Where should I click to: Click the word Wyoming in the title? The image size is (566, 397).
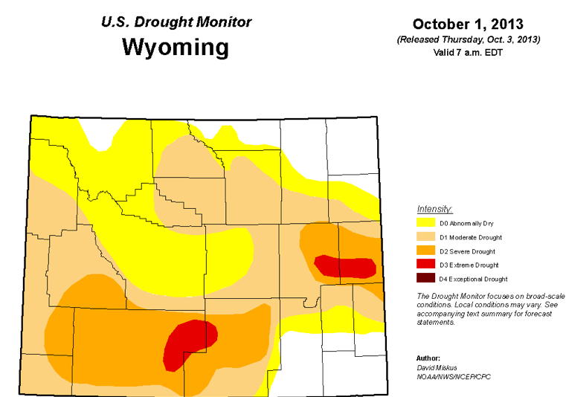[176, 48]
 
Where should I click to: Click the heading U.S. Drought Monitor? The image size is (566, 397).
[176, 22]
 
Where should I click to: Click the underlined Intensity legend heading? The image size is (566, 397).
[435, 209]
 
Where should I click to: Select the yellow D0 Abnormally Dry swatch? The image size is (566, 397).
[426, 223]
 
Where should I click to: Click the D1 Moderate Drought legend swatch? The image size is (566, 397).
[426, 237]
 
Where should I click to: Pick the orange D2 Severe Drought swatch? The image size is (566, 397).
[426, 251]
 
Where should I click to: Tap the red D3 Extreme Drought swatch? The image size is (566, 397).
[426, 265]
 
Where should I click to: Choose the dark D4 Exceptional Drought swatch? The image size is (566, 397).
[426, 280]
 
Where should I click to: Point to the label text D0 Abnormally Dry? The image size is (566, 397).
[466, 223]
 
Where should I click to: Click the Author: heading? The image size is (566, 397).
[429, 358]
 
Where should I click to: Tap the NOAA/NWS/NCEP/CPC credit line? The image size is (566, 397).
[454, 377]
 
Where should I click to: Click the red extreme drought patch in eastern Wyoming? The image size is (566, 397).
[344, 266]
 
